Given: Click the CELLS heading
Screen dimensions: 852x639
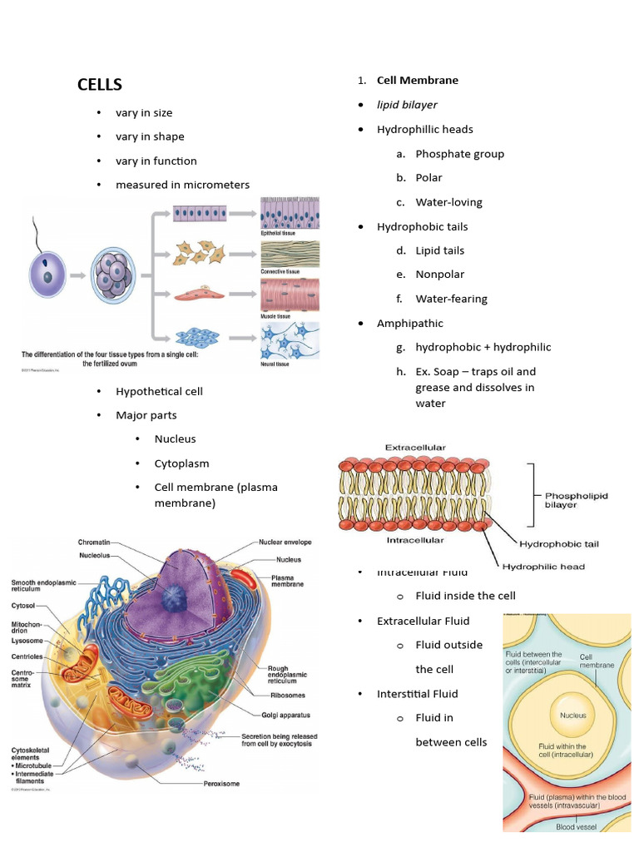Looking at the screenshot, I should [x=100, y=85].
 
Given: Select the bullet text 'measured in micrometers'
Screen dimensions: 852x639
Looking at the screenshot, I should [x=182, y=185].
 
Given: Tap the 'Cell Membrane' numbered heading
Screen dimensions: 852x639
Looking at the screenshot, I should [x=417, y=81].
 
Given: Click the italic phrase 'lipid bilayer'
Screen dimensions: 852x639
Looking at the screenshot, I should [x=407, y=105].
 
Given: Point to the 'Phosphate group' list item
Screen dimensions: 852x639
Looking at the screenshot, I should [x=459, y=154].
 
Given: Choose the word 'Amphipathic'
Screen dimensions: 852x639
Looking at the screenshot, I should [x=410, y=324].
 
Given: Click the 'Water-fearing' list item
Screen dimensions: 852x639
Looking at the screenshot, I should [x=451, y=299].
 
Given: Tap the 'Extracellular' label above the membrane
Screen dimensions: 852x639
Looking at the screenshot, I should [x=415, y=448].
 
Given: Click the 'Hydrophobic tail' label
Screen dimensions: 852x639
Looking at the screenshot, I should [x=558, y=544].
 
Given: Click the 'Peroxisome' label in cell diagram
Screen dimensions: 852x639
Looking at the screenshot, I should [x=225, y=784].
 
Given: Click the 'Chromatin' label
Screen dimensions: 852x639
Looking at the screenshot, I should [x=94, y=542].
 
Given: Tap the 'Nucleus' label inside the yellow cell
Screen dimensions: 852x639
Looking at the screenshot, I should [x=572, y=716].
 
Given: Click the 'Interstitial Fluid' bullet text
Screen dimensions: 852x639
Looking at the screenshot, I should [x=417, y=694].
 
